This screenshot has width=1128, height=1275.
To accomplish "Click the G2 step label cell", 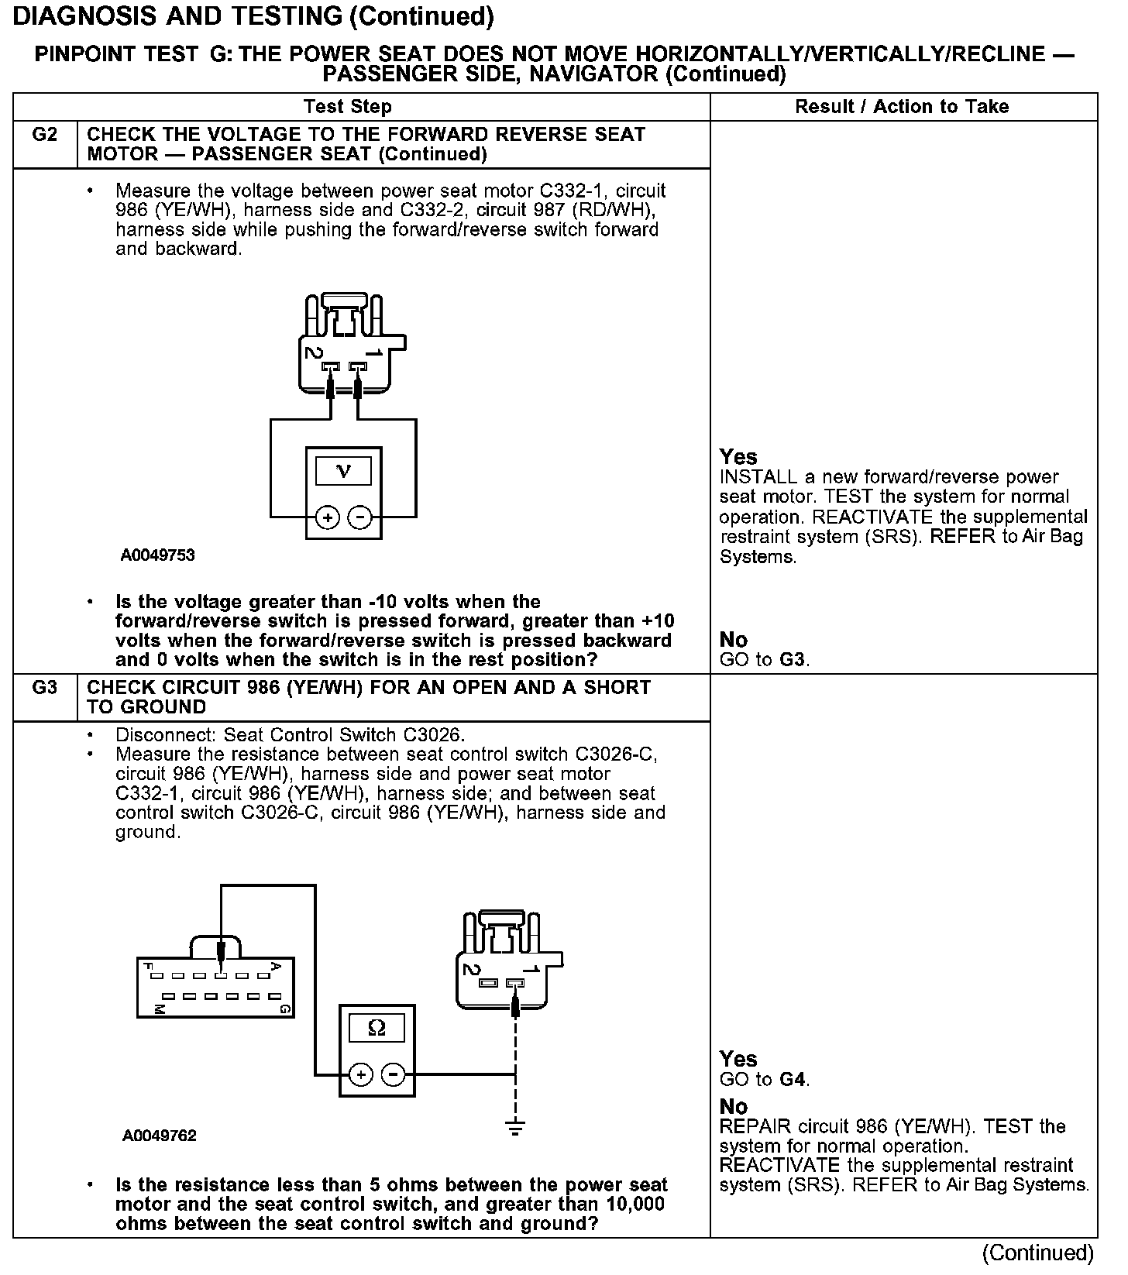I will [45, 136].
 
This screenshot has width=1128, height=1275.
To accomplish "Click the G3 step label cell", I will [45, 688].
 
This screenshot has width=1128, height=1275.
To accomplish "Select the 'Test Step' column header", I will [348, 107].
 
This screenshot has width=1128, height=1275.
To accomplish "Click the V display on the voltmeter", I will [343, 471].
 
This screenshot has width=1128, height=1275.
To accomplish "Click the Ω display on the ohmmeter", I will [377, 1028].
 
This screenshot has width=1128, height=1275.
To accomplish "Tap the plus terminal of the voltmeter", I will [328, 517].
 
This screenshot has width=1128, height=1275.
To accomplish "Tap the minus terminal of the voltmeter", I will [359, 517].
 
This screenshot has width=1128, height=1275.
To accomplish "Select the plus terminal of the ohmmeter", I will [361, 1074].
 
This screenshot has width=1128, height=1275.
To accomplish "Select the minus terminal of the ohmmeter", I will [394, 1074].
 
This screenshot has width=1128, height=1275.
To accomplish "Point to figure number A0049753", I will [157, 555].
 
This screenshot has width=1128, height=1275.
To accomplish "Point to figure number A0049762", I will [160, 1136].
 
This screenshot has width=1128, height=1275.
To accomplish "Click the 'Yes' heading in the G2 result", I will [738, 457].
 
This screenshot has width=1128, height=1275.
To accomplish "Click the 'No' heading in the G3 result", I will [734, 1106].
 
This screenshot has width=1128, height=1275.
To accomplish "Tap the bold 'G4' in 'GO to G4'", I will [792, 1079].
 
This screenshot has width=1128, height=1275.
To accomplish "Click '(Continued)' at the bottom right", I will [1037, 1253].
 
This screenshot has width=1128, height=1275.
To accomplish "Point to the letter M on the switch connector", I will [159, 1009].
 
